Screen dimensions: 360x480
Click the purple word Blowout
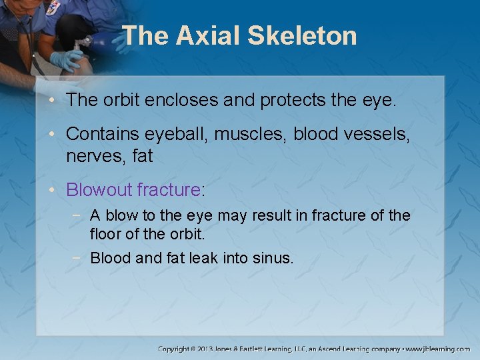pos(99,189)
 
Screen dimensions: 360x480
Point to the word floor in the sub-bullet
pos(104,235)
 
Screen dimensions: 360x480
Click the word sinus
pos(272,257)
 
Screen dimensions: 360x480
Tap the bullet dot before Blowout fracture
pos(56,190)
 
